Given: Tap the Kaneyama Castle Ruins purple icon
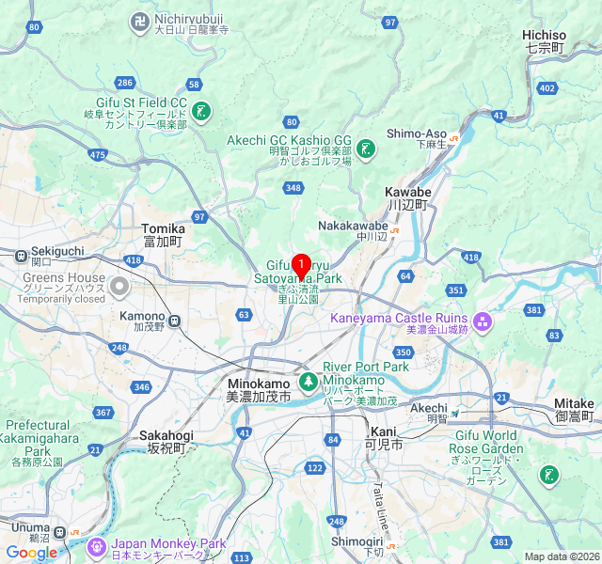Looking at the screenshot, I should click(483, 323).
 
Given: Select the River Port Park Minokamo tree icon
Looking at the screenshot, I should click(308, 383).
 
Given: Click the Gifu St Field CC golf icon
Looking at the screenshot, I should click(200, 112).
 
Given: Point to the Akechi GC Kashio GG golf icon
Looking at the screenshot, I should click(366, 149).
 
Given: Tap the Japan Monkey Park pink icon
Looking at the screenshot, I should click(96, 546).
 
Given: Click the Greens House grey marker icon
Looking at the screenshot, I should click(119, 286).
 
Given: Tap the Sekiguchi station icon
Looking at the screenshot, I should click(21, 253).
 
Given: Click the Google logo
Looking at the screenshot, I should click(32, 553).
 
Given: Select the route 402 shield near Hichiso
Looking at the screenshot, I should click(547, 87).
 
